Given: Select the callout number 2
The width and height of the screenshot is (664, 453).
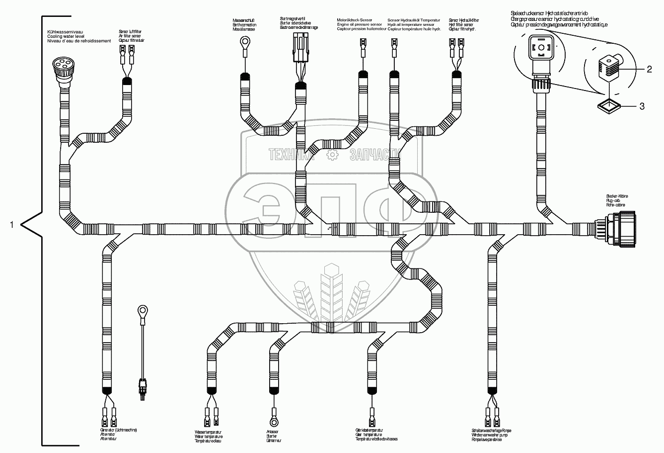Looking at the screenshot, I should pyautogui.click(x=649, y=69).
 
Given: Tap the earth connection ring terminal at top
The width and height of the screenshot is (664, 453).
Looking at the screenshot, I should pyautogui.click(x=243, y=43).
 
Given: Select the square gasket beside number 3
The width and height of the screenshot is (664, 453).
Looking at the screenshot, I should pyautogui.click(x=608, y=105).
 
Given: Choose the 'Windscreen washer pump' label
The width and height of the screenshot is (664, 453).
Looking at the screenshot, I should pyautogui.click(x=492, y=435).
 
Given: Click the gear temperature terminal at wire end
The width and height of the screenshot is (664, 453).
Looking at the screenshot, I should pyautogui.click(x=372, y=414).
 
